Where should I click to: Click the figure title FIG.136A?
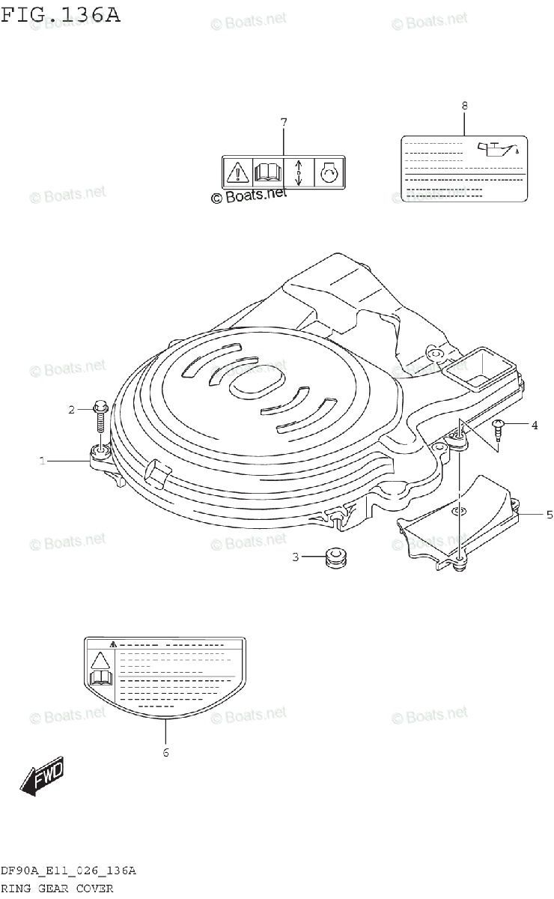61,15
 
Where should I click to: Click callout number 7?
284,121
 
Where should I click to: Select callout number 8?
464,106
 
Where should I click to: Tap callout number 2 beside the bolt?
72,409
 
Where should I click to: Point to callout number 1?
43,461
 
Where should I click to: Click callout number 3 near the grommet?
296,557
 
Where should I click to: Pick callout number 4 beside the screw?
535,426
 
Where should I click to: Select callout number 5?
549,515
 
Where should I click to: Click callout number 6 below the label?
165,752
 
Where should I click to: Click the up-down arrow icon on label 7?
299,173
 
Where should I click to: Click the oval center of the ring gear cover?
253,387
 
